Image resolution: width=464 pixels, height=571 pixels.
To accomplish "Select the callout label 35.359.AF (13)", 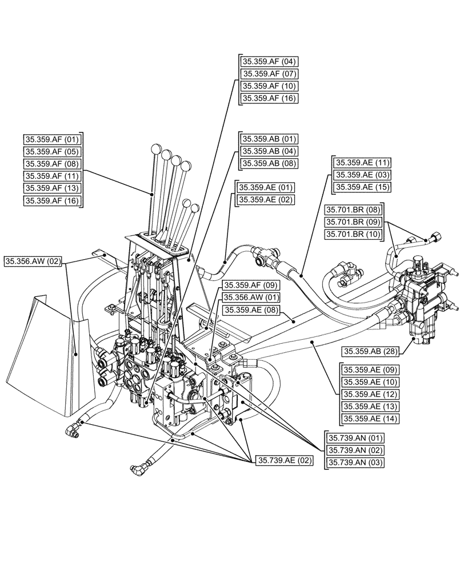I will pos(53,188).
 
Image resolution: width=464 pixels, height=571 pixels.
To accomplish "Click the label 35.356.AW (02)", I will pos(33,262).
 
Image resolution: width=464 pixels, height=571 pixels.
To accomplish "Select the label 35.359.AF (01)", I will pos(53,139).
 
